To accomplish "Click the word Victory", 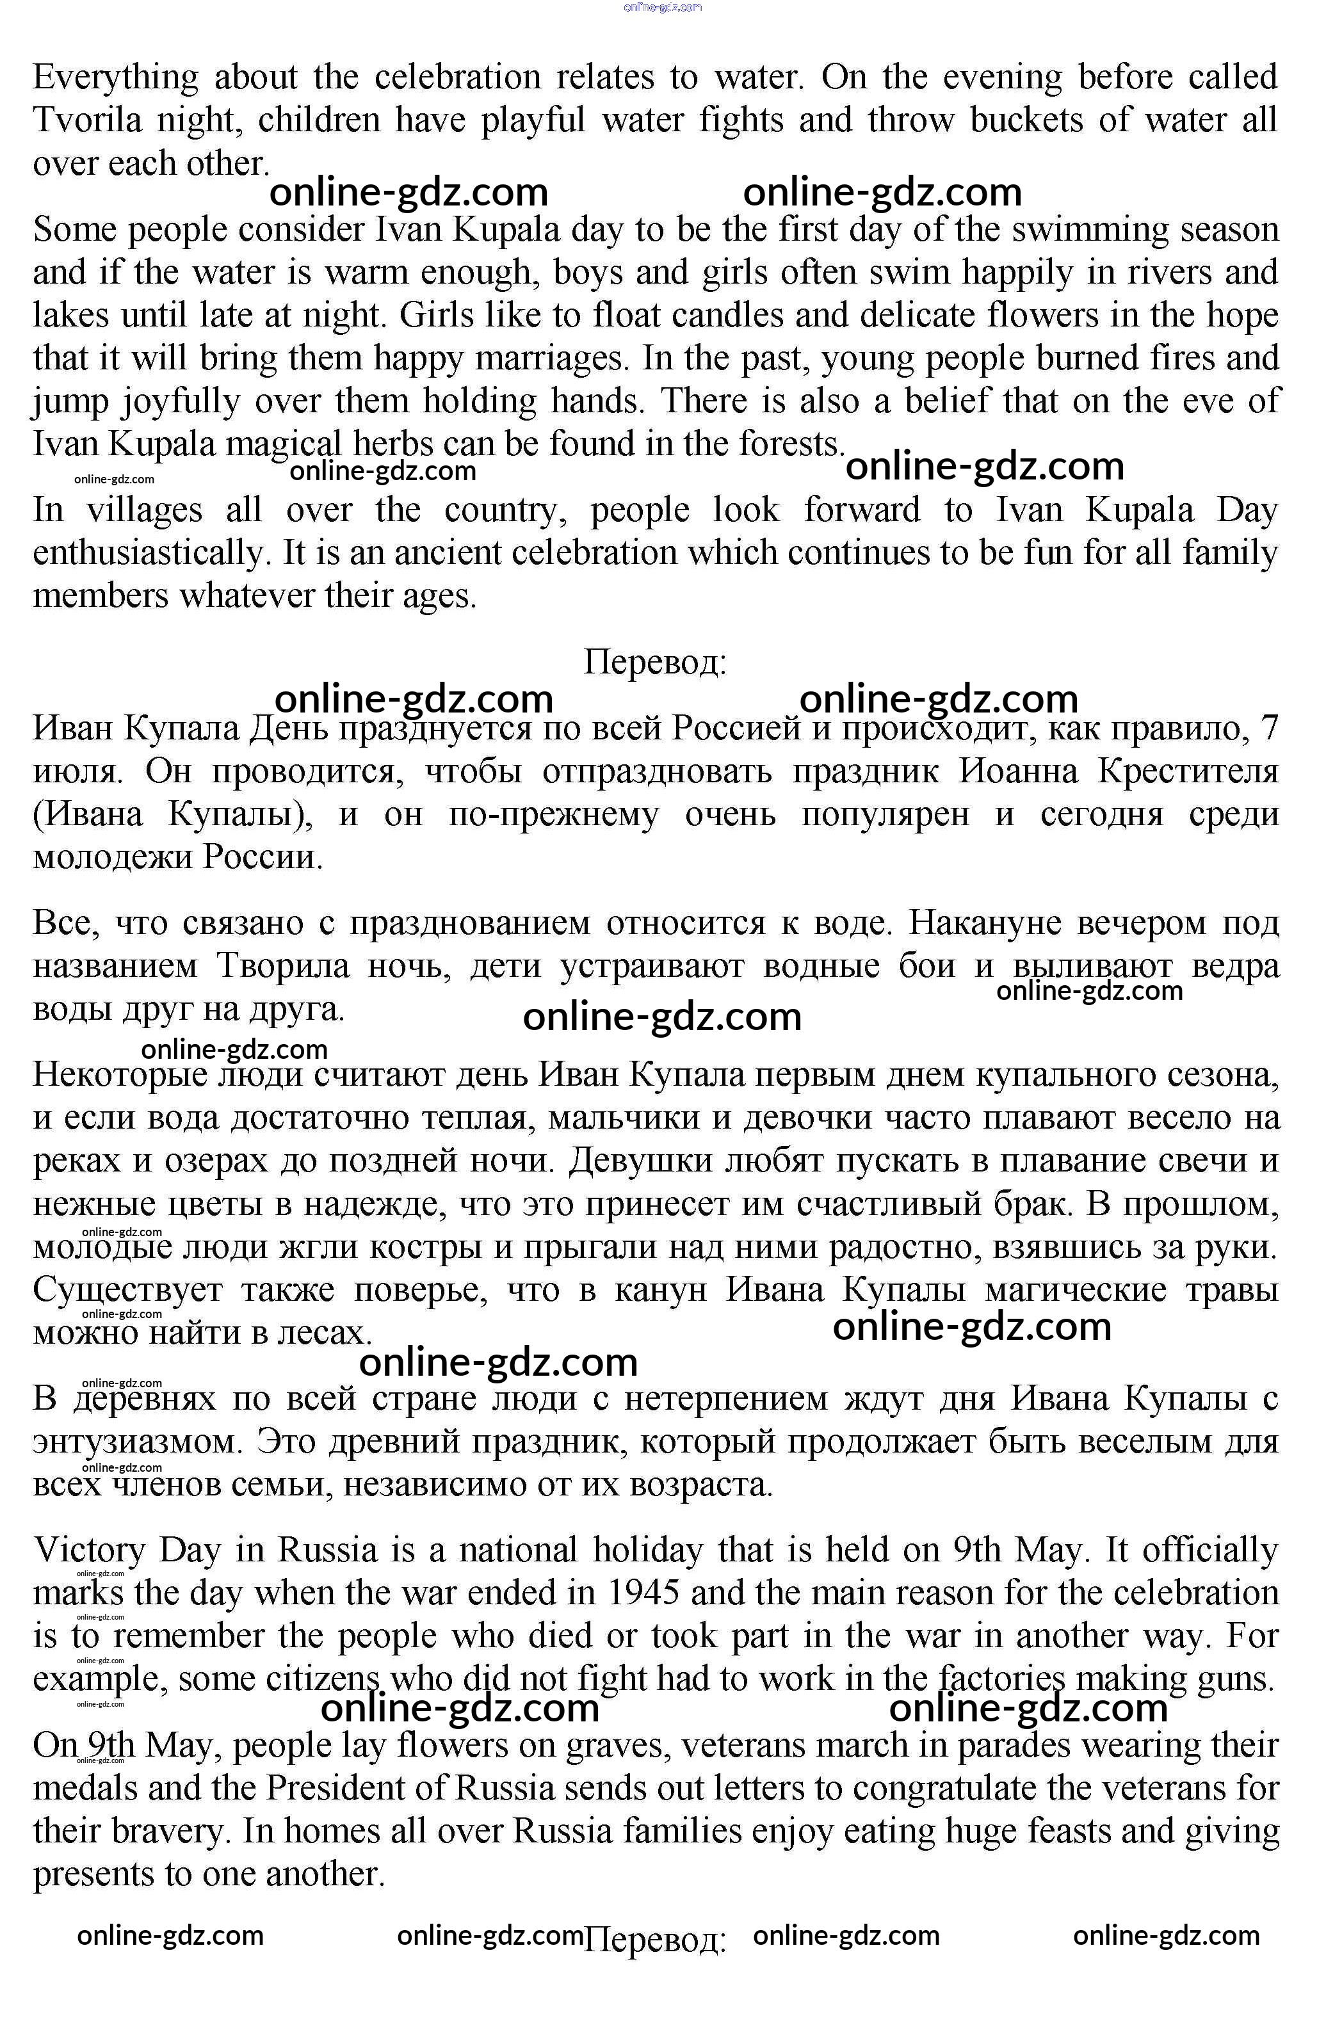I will [89, 1550].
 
